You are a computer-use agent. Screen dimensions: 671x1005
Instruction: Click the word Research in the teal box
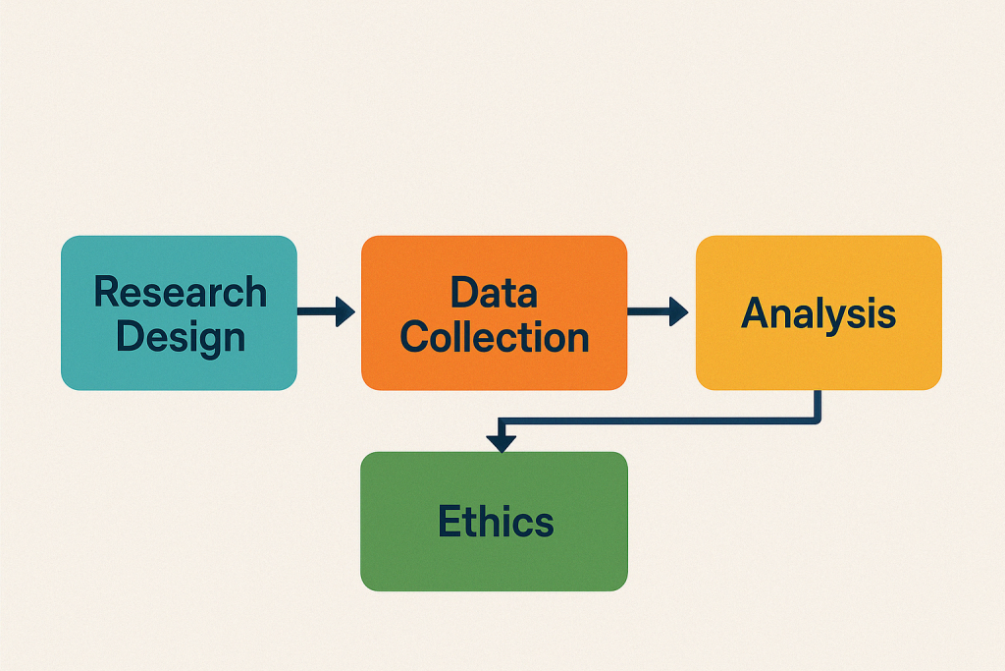180,292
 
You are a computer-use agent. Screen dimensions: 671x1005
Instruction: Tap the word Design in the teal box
180,336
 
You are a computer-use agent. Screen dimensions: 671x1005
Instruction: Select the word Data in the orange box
494,292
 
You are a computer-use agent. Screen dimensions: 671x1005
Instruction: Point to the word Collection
494,336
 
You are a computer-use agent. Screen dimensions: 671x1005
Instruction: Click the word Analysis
818,312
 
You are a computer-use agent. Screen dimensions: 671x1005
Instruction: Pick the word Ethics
496,521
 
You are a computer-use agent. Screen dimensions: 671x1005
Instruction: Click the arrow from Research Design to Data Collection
325,312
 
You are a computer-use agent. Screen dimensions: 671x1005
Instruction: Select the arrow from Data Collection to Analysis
656,312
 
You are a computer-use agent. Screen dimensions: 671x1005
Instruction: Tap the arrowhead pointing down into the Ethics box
502,442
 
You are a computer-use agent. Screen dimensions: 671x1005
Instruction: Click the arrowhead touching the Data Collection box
344,312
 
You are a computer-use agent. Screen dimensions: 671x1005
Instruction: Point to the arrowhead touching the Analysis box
677,312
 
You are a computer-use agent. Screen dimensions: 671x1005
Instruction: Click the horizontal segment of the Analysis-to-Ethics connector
658,420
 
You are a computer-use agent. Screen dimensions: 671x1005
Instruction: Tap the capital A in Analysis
756,312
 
